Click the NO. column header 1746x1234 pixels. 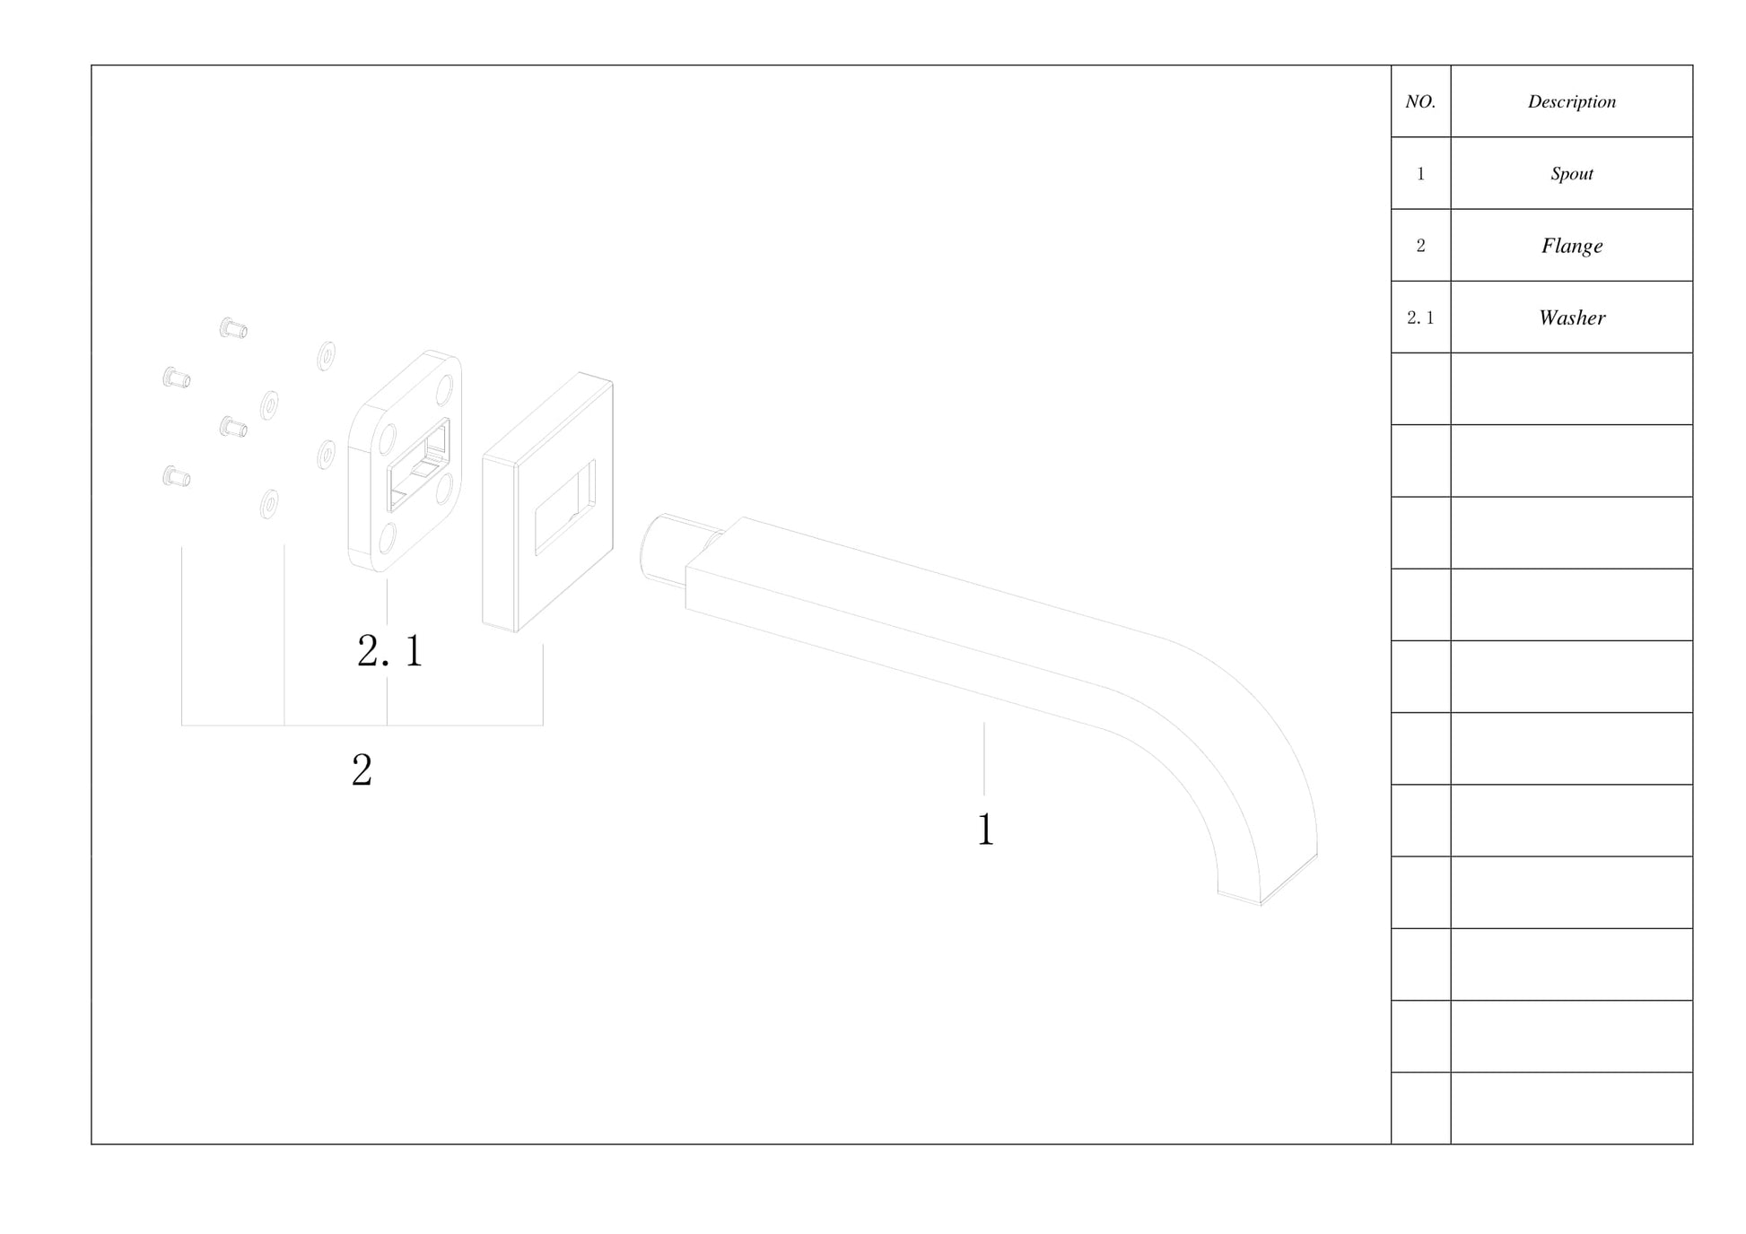[1419, 101]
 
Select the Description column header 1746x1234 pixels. [1571, 101]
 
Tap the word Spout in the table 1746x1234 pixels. [1571, 173]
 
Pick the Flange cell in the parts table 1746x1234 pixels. [1571, 246]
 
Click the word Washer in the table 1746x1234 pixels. [1571, 317]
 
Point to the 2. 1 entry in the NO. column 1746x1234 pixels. [1419, 317]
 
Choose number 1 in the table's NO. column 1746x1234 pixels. [1419, 174]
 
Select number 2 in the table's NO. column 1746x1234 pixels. [1419, 246]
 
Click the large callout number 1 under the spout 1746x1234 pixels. [985, 829]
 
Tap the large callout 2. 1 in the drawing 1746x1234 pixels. [389, 650]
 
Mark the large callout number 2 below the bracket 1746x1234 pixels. [362, 769]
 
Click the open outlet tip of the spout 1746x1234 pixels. [1267, 883]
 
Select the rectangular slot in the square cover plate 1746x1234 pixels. [564, 508]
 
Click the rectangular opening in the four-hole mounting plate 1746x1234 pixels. [418, 465]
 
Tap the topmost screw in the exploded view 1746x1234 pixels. [233, 328]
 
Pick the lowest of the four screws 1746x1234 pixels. [176, 476]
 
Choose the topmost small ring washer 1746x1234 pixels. [327, 355]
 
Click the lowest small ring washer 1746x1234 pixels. [268, 504]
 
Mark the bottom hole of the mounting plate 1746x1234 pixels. [388, 537]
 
